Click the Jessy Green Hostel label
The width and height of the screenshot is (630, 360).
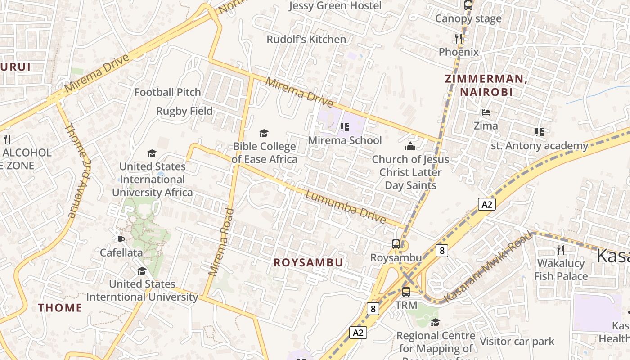pos(335,6)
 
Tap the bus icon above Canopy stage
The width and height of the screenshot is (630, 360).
pos(468,5)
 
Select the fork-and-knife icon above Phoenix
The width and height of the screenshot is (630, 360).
pos(459,39)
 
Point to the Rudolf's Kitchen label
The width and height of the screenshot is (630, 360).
pos(306,40)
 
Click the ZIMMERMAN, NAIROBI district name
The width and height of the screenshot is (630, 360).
pos(486,85)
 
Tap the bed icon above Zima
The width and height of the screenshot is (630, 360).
pos(486,112)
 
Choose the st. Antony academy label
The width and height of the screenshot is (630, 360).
pos(539,146)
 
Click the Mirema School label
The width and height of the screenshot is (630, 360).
pos(345,140)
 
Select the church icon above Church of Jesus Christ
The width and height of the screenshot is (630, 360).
pos(410,146)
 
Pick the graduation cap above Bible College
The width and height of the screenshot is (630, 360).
pos(264,133)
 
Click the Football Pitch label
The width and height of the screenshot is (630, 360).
pos(168,92)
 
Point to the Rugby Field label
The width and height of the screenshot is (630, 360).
pos(184,111)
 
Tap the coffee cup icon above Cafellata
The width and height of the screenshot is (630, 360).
pos(121,239)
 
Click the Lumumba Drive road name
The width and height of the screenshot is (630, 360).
pos(345,207)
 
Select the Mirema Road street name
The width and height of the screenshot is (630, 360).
pos(221,242)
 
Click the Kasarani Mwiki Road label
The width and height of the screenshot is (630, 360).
pos(487,267)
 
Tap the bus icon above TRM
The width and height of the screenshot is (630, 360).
pos(406,292)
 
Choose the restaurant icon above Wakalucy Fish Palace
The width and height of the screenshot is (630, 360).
pos(561,250)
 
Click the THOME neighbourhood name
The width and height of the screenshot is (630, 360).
pos(60,308)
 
